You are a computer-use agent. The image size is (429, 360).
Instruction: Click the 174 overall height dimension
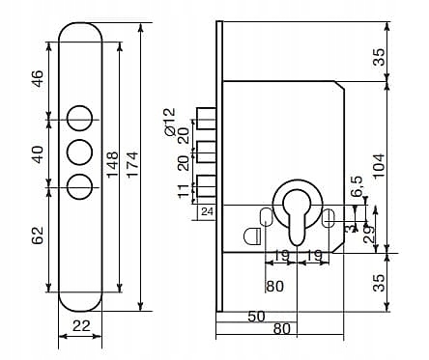point(132,164)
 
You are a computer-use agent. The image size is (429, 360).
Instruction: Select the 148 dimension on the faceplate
point(113,164)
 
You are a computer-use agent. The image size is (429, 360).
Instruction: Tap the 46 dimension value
point(38,78)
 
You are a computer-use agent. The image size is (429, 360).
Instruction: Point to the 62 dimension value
point(38,235)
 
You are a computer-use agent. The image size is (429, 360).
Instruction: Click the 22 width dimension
point(81,326)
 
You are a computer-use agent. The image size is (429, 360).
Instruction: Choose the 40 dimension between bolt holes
point(38,154)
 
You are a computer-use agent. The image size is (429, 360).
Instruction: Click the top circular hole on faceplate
point(80,118)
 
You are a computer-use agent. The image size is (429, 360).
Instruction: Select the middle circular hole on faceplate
point(80,152)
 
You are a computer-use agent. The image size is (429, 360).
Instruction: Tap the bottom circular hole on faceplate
point(80,187)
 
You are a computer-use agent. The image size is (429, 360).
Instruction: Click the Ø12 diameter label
point(169,122)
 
